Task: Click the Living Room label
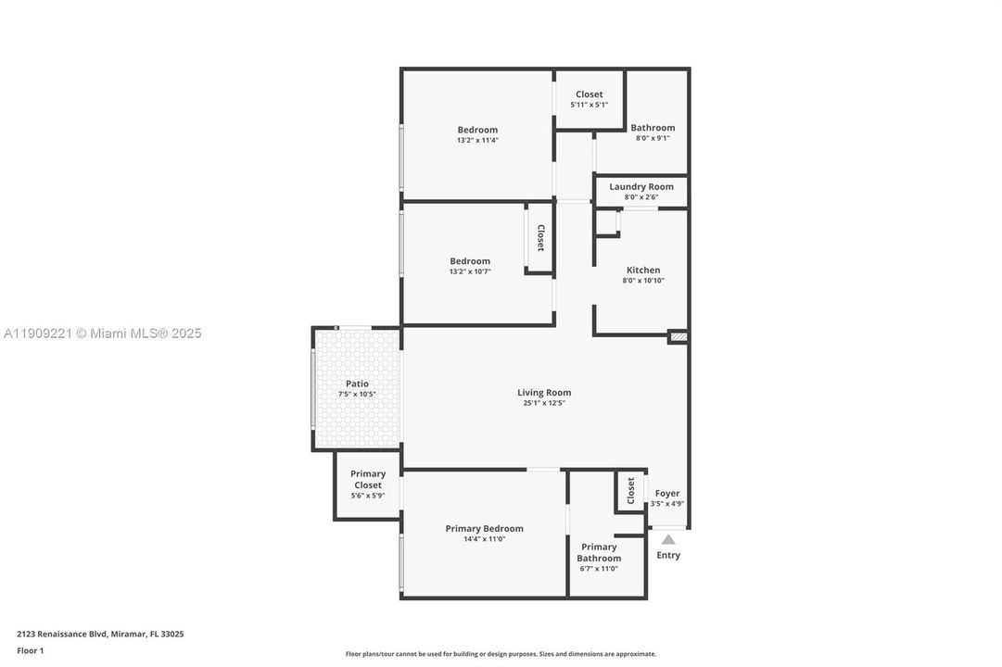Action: pos(544,393)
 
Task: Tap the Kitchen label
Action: pos(642,271)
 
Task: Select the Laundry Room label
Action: pos(641,186)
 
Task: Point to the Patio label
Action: pos(357,384)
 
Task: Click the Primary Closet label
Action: pos(368,479)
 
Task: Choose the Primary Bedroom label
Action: pos(484,528)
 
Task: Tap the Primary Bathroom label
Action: pos(599,552)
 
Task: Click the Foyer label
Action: pos(667,494)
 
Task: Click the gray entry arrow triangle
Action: pos(668,539)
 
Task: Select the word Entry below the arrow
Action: pos(668,556)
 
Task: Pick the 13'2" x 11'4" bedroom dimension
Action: pos(477,141)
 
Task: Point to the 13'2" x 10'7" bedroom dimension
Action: pos(470,271)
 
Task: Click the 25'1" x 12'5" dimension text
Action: pos(544,403)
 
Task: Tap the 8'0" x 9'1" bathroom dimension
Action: pos(653,138)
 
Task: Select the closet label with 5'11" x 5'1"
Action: pos(589,94)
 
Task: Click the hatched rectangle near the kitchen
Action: pos(679,337)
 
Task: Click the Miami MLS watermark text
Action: pos(102,333)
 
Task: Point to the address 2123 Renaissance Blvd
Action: pos(100,635)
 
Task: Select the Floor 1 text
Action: pos(30,650)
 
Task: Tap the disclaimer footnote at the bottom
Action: pos(501,654)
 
